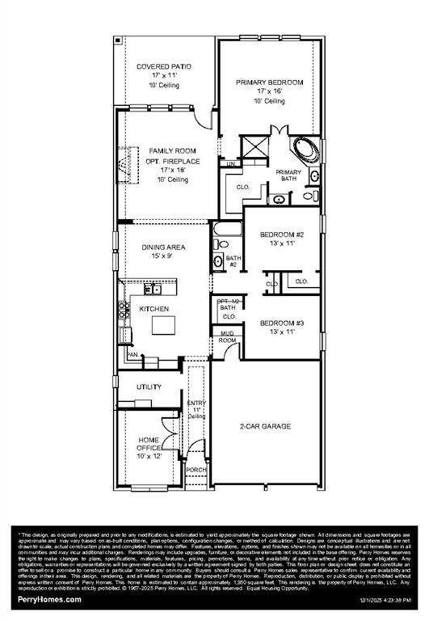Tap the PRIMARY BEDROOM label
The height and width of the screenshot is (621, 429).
coord(269,82)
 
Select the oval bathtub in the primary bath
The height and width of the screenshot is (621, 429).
coord(305,150)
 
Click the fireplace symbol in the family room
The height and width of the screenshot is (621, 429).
coord(123,160)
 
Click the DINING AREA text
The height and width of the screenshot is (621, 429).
coord(164,247)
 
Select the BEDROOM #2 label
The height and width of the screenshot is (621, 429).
coord(282,234)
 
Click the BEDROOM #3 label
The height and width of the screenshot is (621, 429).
coord(282,323)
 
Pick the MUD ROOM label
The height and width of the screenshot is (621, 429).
coord(228,337)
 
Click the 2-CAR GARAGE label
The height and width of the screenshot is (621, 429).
coord(265,426)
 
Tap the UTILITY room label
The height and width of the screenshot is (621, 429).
coord(149,387)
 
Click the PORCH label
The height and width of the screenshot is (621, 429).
coord(196,470)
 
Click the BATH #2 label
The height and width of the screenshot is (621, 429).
coord(231,261)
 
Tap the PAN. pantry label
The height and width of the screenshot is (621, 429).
coord(132,354)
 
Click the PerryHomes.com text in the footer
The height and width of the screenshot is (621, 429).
coord(50,599)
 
